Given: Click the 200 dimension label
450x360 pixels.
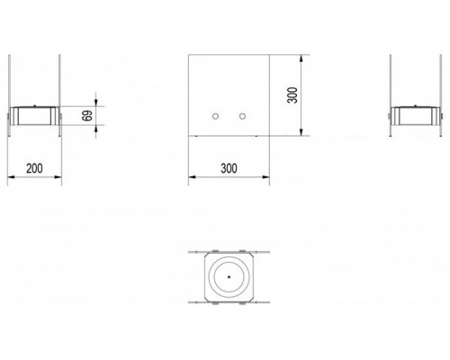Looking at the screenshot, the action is click(x=34, y=168).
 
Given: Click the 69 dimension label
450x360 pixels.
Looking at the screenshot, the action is click(x=86, y=115).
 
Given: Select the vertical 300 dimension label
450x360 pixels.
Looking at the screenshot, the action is click(x=292, y=95).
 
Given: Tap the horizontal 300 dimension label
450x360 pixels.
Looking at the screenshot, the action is click(x=229, y=168).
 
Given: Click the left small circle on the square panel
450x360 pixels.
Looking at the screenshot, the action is click(x=215, y=116).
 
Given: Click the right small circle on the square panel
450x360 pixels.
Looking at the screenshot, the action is click(x=242, y=116).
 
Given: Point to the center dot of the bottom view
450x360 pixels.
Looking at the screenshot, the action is click(x=229, y=277).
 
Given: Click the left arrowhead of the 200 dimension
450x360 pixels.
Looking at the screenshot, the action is click(x=11, y=177).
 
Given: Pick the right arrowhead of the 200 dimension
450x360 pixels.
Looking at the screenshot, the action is click(x=58, y=177).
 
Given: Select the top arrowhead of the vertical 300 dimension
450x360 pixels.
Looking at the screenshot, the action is click(x=301, y=58).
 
